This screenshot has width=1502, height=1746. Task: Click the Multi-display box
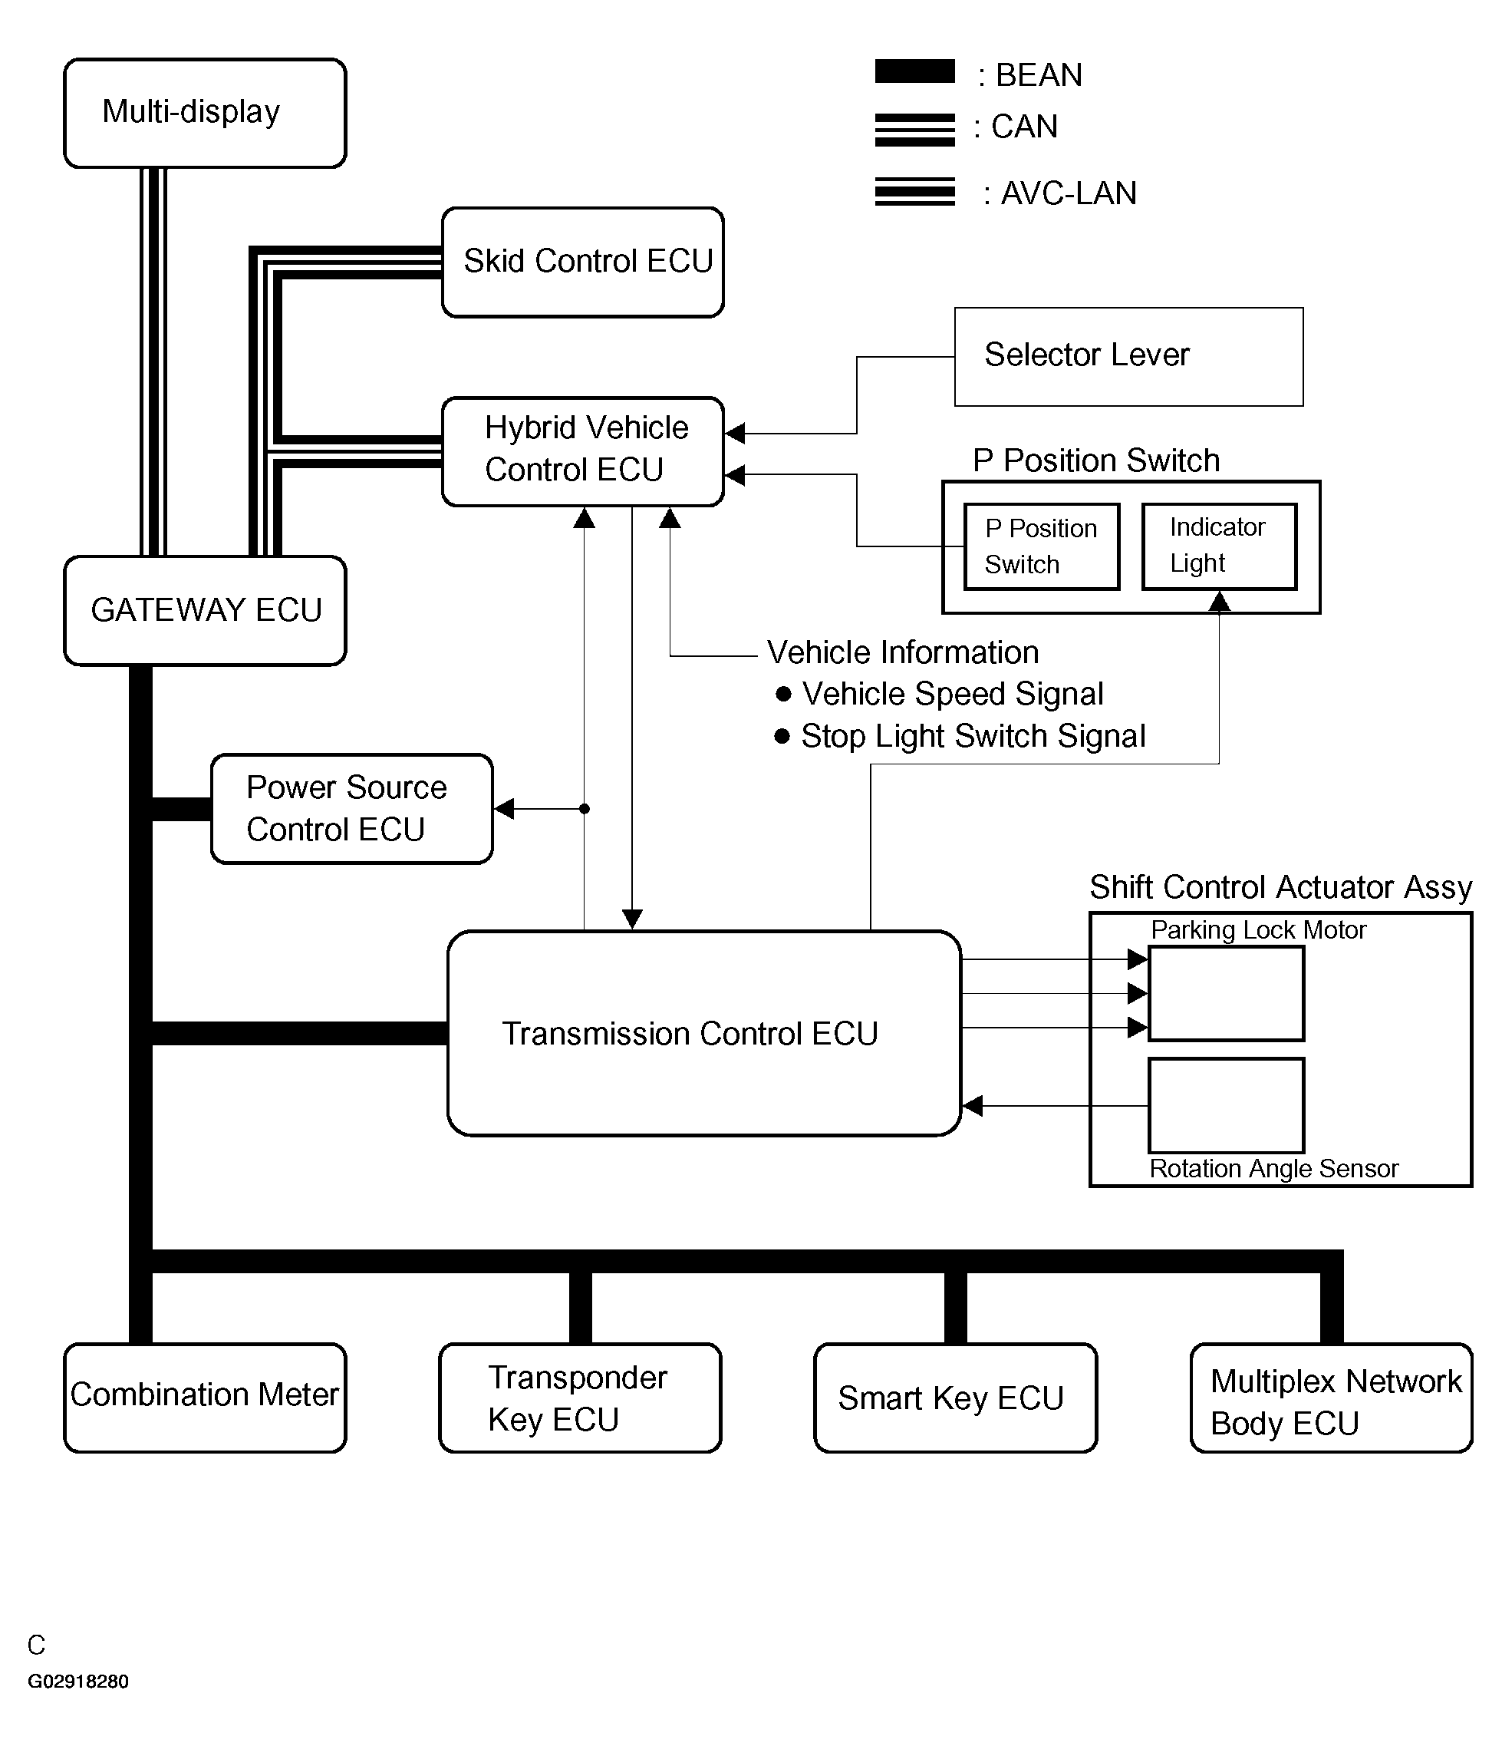205,113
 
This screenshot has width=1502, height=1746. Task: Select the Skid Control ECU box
582,262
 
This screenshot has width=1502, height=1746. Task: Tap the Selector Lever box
1128,356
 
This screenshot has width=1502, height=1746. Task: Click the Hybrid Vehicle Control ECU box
582,451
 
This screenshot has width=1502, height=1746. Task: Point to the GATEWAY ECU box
205,610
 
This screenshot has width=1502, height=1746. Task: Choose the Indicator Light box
1218,546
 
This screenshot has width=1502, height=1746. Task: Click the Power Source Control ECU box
351,808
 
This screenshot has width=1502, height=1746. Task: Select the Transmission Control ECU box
703,1033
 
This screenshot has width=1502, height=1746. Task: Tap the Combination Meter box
205,1397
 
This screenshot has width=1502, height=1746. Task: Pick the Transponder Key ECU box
580,1397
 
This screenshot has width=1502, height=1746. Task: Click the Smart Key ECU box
954,1397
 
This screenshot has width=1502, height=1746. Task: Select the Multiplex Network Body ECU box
1330,1397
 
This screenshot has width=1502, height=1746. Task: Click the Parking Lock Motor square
1226,994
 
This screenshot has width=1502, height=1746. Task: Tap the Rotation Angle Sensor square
1226,1104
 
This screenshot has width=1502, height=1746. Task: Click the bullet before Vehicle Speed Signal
782,694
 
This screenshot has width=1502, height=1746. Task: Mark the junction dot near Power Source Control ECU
585,809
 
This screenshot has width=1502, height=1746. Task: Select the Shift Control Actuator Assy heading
1280,887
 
